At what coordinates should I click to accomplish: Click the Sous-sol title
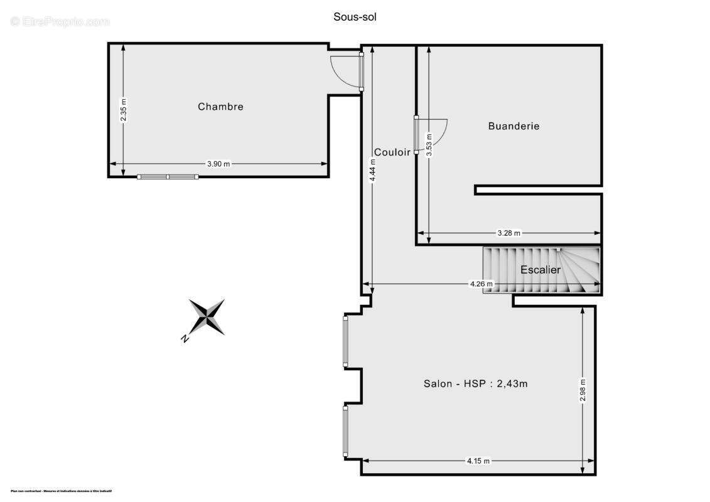355,17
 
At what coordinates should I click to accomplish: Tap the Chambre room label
220,107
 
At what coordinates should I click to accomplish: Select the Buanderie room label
514,126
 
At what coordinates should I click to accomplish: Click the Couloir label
392,152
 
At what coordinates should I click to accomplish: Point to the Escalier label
541,270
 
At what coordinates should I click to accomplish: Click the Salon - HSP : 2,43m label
475,383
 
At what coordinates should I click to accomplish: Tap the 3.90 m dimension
218,164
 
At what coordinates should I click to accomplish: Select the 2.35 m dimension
124,110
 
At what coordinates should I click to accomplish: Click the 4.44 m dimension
373,171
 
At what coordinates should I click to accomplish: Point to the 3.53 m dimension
429,145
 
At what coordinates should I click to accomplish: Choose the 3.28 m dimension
508,233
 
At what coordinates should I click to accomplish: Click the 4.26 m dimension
481,284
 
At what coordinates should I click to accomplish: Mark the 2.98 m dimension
583,390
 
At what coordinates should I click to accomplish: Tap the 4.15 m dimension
478,461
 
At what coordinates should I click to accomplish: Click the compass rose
207,316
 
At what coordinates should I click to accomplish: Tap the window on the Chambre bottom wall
168,177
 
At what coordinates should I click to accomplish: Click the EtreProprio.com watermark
60,21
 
